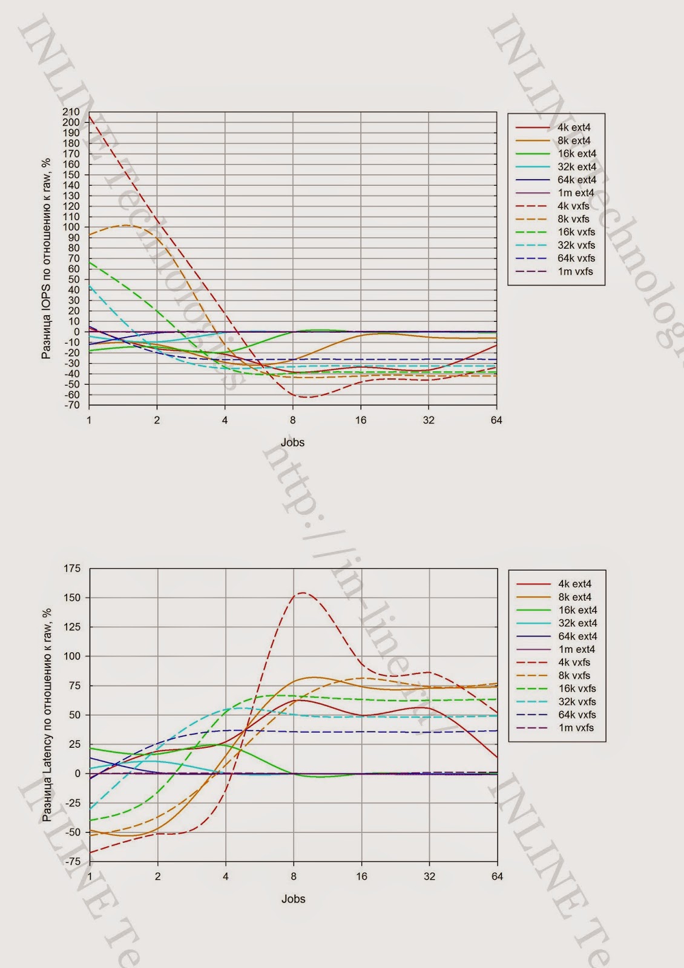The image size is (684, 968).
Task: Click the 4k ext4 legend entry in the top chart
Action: click(x=573, y=128)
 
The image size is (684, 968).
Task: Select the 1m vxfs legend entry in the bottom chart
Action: click(x=576, y=728)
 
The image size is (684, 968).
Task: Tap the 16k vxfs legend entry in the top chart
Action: click(x=576, y=232)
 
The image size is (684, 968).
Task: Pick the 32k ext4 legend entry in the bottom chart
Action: click(x=577, y=623)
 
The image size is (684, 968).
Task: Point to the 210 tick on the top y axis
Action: click(x=71, y=112)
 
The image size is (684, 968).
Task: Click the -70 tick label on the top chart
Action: click(x=71, y=405)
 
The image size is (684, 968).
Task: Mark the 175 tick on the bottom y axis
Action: click(x=72, y=568)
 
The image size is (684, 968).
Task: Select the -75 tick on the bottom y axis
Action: click(x=72, y=862)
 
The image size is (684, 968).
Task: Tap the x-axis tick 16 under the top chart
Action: click(x=361, y=420)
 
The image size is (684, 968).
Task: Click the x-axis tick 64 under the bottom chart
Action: click(x=497, y=877)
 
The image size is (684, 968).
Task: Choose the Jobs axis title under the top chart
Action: click(x=292, y=442)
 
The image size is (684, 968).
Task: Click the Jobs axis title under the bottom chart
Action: click(x=293, y=899)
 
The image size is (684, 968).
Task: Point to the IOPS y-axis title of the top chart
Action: click(x=46, y=259)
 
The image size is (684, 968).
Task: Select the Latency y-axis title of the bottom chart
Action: click(x=47, y=715)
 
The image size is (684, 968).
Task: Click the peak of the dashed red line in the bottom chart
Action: click(x=301, y=593)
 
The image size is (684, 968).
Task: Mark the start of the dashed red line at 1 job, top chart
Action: click(x=90, y=116)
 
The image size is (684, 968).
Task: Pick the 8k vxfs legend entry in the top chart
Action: click(x=573, y=219)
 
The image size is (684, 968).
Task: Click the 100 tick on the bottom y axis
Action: click(x=72, y=656)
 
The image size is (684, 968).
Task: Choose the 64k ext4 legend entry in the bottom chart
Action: click(x=577, y=636)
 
